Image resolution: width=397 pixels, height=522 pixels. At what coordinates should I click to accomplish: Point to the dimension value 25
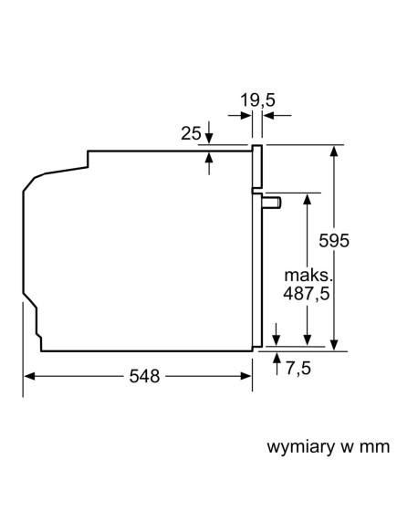click(x=190, y=134)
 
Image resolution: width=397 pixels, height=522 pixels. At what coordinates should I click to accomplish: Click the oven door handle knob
click(x=269, y=200)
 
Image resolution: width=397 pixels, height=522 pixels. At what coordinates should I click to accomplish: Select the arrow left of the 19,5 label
click(x=246, y=116)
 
